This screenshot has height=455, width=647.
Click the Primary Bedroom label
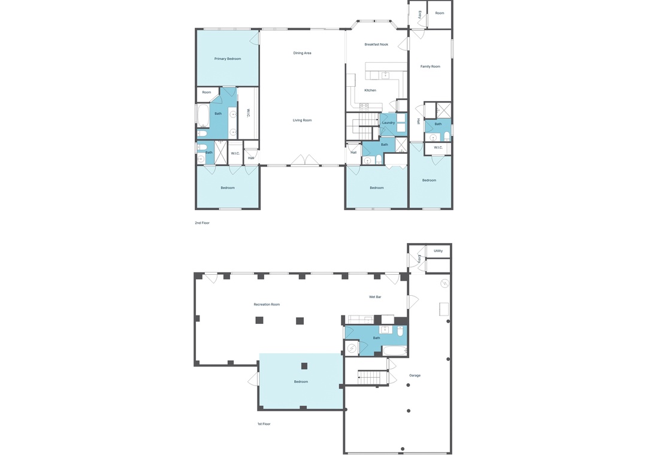[228, 59]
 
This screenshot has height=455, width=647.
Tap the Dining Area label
[302, 53]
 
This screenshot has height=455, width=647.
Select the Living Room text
[302, 120]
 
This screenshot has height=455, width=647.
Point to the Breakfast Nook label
[376, 44]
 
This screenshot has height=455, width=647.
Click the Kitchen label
[370, 90]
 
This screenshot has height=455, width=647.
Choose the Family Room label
[430, 66]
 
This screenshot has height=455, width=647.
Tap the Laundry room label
[388, 123]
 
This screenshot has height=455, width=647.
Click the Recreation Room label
[267, 305]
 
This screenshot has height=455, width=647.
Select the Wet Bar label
[375, 297]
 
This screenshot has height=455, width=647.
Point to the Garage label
[415, 375]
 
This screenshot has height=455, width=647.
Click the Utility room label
[438, 251]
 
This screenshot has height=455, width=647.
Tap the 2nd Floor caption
[202, 223]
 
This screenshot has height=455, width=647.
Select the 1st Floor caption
[264, 424]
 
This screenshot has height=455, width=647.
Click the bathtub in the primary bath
[203, 116]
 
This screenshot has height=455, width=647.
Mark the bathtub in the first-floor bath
[394, 351]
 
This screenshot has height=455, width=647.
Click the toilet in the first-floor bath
[400, 330]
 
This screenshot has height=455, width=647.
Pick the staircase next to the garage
[373, 377]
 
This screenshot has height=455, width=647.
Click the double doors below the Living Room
[306, 160]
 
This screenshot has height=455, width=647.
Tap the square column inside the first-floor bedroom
[304, 366]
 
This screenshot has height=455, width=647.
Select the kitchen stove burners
[364, 107]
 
